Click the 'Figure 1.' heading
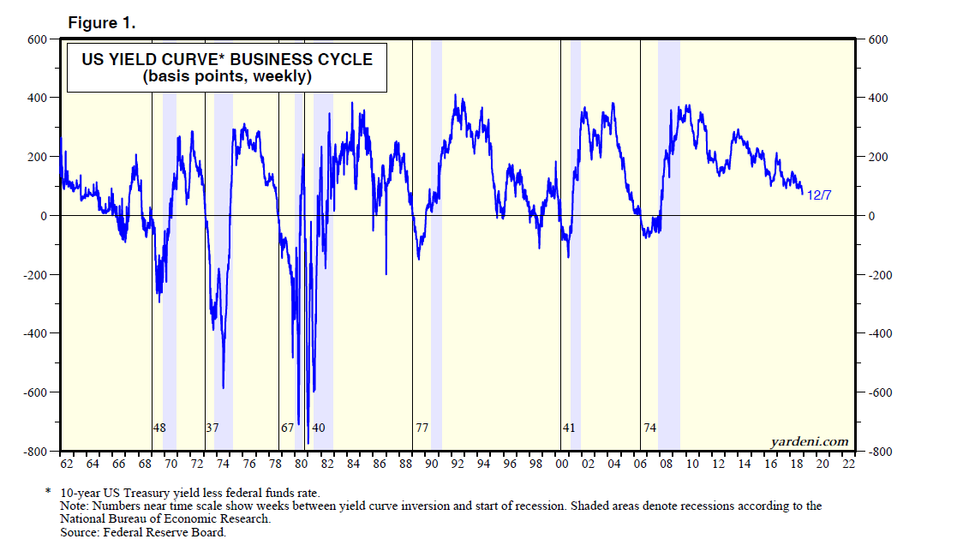[x=102, y=22]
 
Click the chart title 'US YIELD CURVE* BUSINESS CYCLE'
[x=227, y=60]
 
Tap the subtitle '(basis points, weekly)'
[x=227, y=77]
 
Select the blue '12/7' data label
[x=819, y=195]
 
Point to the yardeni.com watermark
[x=810, y=441]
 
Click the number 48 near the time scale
[x=159, y=427]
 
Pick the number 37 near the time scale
[x=212, y=427]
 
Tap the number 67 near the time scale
[x=287, y=427]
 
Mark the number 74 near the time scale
[x=649, y=427]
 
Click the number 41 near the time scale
[x=568, y=427]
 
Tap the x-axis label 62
[x=67, y=464]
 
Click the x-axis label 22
[x=849, y=464]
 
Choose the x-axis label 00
[x=562, y=464]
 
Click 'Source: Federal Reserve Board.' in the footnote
[x=131, y=532]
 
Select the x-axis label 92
[x=458, y=464]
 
